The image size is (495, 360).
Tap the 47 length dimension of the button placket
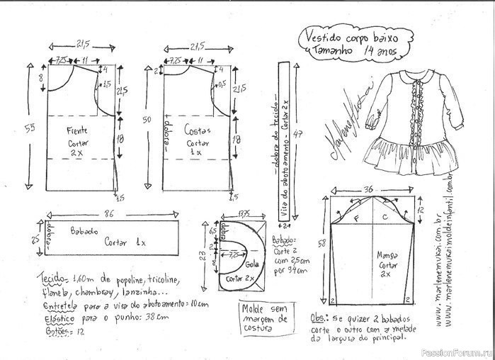click(300, 134)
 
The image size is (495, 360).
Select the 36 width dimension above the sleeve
click(368, 189)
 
